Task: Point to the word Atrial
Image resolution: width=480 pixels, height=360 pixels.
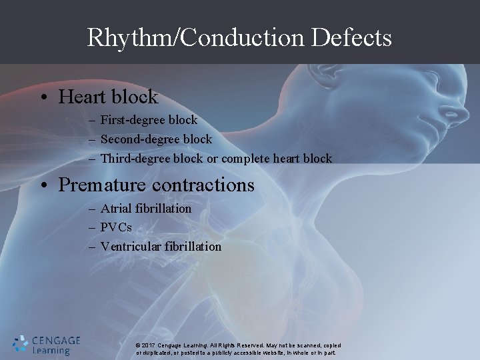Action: click(x=115, y=209)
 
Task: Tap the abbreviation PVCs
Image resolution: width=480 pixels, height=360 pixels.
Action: click(x=116, y=227)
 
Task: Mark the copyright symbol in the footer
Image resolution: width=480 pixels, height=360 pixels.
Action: click(x=137, y=345)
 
